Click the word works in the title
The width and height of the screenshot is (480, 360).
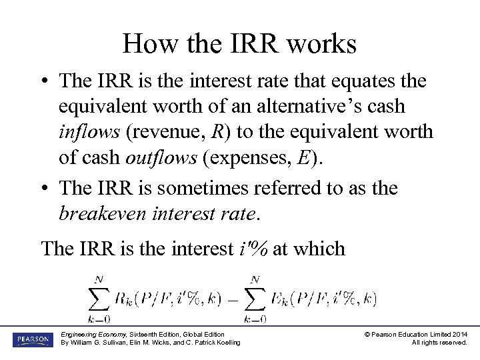(324, 44)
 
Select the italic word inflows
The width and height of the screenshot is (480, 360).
(89, 132)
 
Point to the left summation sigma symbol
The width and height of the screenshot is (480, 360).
(98, 299)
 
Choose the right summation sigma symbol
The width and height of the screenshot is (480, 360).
(255, 299)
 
